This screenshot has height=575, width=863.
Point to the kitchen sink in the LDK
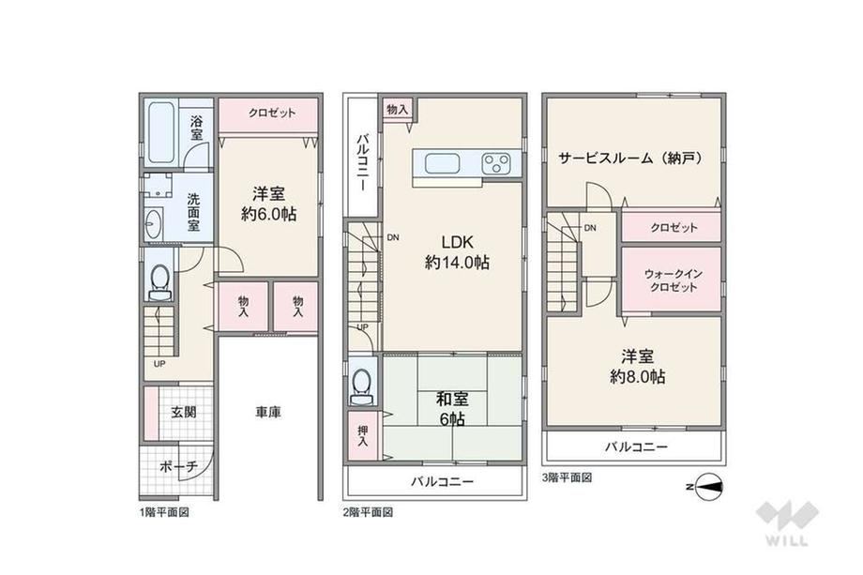pyautogui.click(x=443, y=163)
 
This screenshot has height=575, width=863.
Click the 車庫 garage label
pyautogui.click(x=268, y=412)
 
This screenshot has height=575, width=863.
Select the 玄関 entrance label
pyautogui.click(x=183, y=412)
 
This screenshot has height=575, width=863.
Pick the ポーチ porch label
pyautogui.click(x=178, y=467)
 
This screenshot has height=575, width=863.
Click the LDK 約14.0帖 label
pyautogui.click(x=457, y=252)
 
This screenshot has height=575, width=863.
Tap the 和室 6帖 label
pyautogui.click(x=452, y=409)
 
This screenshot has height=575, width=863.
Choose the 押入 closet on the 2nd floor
pyautogui.click(x=363, y=436)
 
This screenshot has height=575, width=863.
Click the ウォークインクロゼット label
pyautogui.click(x=671, y=280)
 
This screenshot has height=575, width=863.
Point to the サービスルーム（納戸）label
pyautogui.click(x=631, y=159)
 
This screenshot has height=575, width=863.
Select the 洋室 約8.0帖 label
pyautogui.click(x=637, y=367)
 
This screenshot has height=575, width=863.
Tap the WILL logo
pyautogui.click(x=787, y=522)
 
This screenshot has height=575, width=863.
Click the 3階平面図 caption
pyautogui.click(x=567, y=477)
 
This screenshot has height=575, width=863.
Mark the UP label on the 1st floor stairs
pyautogui.click(x=159, y=364)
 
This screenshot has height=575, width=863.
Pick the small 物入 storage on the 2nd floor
pyautogui.click(x=398, y=110)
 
